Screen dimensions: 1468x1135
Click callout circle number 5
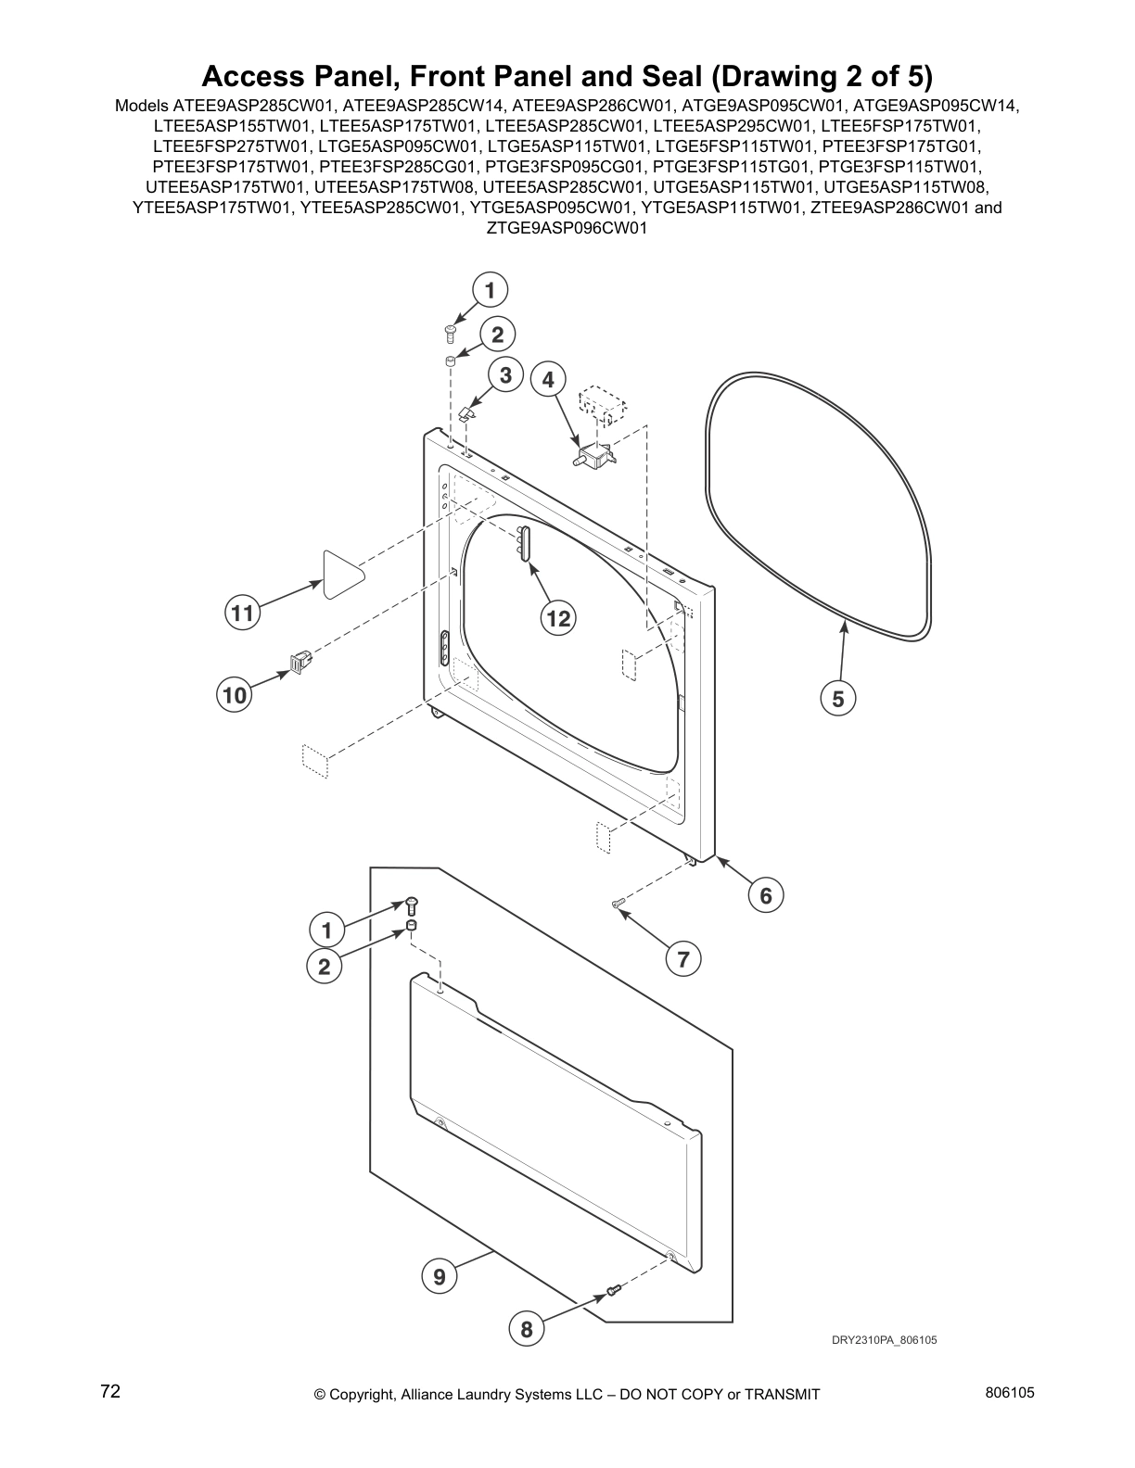point(838,699)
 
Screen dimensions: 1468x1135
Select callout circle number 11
point(242,614)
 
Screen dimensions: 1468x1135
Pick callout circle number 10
point(236,694)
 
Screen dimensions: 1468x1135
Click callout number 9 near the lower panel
point(439,1277)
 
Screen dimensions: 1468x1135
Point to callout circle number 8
point(527,1330)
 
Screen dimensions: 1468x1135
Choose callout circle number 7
point(683,959)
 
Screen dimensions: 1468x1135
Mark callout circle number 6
point(766,895)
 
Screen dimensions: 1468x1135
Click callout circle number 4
point(548,379)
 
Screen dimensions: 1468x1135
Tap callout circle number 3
point(505,375)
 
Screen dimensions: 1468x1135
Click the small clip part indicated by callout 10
point(300,662)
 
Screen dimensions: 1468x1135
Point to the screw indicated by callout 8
point(612,1289)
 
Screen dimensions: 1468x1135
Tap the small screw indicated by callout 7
point(619,902)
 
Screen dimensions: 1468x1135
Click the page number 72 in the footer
point(110,1391)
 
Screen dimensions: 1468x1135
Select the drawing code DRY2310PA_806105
point(877,1340)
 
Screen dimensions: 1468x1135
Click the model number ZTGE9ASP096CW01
point(567,228)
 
